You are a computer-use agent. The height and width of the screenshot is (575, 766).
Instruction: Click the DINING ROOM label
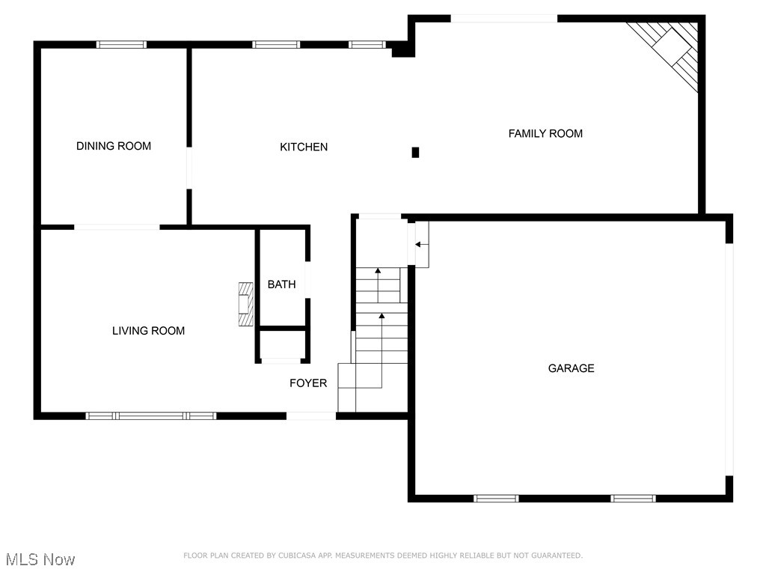coord(114,146)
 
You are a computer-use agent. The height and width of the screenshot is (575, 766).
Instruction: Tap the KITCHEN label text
coord(304,147)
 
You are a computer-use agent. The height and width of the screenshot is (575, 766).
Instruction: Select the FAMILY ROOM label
coord(545,133)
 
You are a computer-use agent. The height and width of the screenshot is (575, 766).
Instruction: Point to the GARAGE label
coord(572,368)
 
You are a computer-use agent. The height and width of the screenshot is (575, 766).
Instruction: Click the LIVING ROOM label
coord(148,330)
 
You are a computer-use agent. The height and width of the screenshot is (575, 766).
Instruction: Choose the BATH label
coord(281,285)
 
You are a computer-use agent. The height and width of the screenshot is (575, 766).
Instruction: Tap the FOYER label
coord(308,383)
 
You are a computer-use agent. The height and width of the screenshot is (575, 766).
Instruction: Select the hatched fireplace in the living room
coord(246,303)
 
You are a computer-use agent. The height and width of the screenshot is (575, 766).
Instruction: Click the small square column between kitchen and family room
coord(416,152)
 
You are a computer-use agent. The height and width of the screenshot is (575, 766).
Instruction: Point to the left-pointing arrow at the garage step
coord(421,244)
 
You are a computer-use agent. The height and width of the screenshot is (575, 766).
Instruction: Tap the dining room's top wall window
coord(121,44)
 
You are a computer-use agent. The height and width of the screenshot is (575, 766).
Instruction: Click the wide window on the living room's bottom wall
coord(151,416)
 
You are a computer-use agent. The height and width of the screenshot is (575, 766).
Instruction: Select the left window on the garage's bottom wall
coord(496,498)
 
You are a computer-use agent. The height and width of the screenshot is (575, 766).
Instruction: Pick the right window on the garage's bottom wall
coord(633,498)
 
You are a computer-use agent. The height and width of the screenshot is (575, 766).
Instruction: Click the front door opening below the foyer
coord(311,416)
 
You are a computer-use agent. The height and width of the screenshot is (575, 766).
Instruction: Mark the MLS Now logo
coord(40,559)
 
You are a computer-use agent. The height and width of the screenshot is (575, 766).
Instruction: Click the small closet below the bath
coord(282,345)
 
